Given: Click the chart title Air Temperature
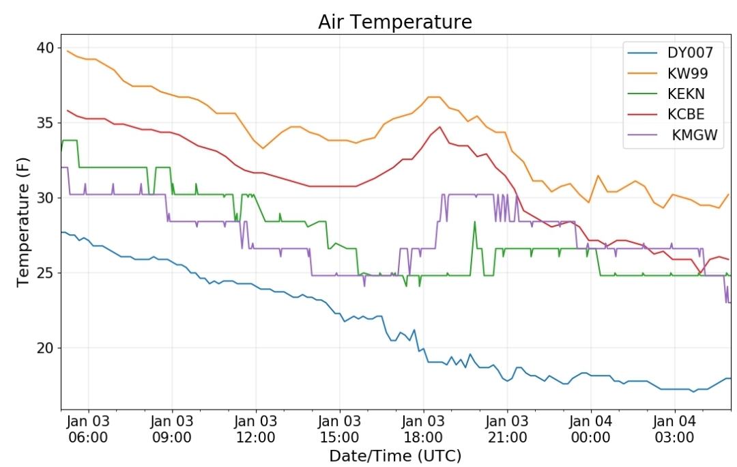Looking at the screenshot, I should point(394,22).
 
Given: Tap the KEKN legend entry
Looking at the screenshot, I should point(687,94).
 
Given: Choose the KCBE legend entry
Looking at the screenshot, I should point(687,114).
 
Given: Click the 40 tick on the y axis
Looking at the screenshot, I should point(45,48).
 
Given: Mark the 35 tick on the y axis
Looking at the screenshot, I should point(45,123).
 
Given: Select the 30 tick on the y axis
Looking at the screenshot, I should point(45,198).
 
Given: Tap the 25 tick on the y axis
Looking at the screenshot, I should point(45,273).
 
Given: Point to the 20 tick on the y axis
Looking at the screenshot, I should point(45,348).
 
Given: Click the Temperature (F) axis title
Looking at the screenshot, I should point(23,222).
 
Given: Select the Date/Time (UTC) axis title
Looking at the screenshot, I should point(395,455).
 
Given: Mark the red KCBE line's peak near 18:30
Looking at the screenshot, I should point(440,126).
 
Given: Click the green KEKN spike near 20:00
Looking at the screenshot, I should point(474,222).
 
